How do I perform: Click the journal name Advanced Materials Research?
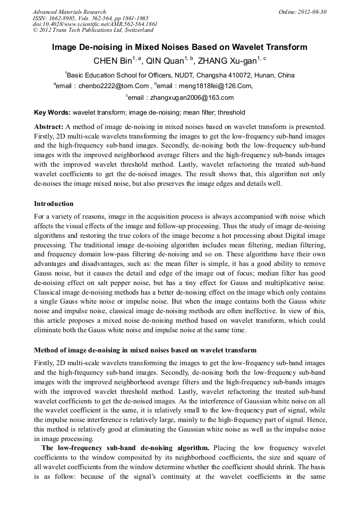pyautogui.click(x=69, y=12)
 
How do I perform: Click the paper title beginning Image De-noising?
pyautogui.click(x=179, y=47)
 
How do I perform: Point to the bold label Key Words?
pyautogui.click(x=52, y=113)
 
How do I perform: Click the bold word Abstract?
pyautogui.click(x=49, y=127)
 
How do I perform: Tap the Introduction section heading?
pyautogui.click(x=54, y=204)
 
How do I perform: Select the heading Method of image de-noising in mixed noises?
pyautogui.click(x=145, y=350)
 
